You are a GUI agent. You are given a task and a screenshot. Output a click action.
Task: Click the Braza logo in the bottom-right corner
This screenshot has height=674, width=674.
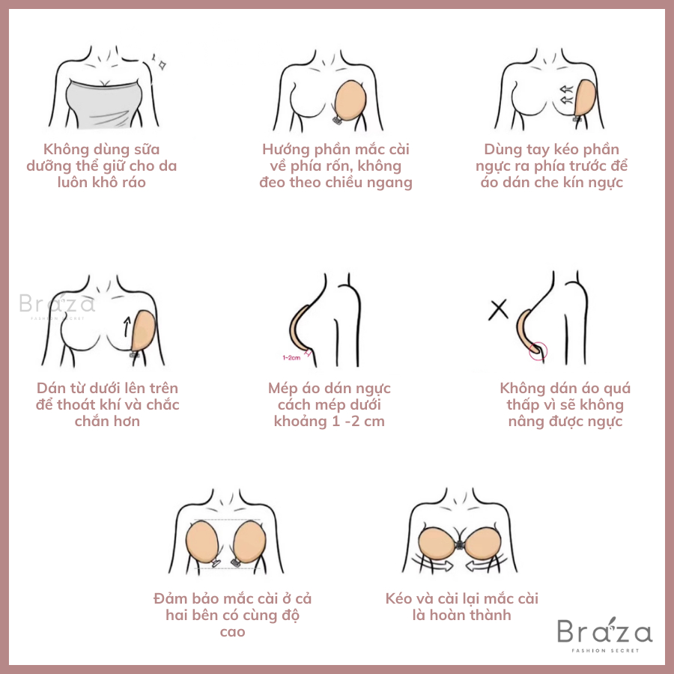(x=604, y=634)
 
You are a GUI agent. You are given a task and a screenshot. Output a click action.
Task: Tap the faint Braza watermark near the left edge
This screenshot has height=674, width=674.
(x=57, y=306)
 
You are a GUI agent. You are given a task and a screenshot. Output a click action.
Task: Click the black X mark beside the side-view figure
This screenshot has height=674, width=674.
(x=498, y=310)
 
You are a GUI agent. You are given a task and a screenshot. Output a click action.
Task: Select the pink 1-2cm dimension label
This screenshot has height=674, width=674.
(x=291, y=358)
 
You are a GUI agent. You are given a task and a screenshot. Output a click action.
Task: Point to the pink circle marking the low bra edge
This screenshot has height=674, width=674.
(x=538, y=350)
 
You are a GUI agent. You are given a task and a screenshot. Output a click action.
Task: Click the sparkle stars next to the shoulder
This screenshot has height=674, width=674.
(x=160, y=62)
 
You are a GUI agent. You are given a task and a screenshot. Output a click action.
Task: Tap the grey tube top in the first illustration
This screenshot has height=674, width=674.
(x=104, y=104)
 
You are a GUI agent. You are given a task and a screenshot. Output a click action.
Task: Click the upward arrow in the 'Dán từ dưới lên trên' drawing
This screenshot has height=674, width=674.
(x=127, y=327)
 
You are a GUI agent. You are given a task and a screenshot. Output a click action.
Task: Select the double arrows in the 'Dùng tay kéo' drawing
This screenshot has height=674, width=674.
(x=567, y=95)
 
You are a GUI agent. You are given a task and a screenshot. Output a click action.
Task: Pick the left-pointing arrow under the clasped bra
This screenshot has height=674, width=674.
(x=486, y=564)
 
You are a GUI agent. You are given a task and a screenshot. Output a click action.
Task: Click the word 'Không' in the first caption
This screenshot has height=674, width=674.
(x=65, y=149)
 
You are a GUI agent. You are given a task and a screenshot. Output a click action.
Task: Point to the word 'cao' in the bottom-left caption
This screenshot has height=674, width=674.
(x=233, y=632)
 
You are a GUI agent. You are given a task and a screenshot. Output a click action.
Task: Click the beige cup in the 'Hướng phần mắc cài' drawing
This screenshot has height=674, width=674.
(x=350, y=100)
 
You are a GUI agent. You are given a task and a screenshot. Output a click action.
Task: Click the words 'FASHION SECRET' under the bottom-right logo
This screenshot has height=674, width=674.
(x=605, y=650)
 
